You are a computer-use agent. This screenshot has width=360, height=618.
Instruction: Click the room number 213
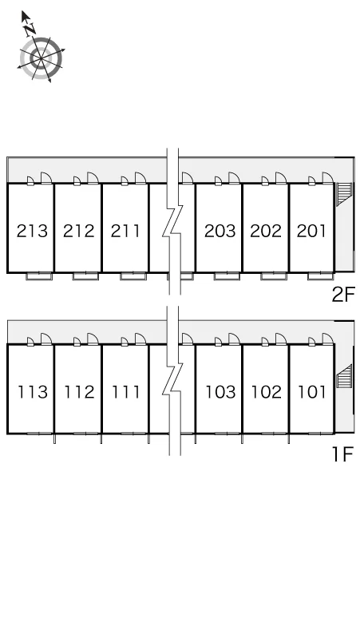pyautogui.click(x=32, y=231)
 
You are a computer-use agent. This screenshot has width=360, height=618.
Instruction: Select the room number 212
pyautogui.click(x=79, y=231)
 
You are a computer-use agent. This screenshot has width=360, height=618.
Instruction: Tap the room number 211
pyautogui.click(x=125, y=231)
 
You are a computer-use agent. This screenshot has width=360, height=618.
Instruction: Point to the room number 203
pyautogui.click(x=220, y=231)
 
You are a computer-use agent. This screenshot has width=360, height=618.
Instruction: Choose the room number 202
pyautogui.click(x=266, y=231)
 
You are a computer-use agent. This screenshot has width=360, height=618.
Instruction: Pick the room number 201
pyautogui.click(x=311, y=231)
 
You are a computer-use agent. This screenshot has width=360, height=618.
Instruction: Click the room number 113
pyautogui.click(x=33, y=392)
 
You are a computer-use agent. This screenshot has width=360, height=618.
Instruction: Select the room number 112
pyautogui.click(x=80, y=392)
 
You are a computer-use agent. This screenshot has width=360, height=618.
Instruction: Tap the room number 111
pyautogui.click(x=126, y=392)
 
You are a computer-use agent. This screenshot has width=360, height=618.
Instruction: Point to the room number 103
pyautogui.click(x=220, y=392)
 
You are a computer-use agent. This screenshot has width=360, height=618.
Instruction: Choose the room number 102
pyautogui.click(x=267, y=392)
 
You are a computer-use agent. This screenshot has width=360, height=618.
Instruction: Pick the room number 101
pyautogui.click(x=312, y=392)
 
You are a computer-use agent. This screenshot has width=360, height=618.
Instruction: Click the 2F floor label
pyautogui.click(x=343, y=295)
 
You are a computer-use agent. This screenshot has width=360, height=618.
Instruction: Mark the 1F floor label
pyautogui.click(x=342, y=454)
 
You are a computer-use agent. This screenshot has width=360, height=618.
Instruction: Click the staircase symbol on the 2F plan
pyautogui.click(x=343, y=193)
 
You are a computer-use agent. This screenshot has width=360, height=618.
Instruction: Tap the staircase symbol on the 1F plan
pyautogui.click(x=343, y=376)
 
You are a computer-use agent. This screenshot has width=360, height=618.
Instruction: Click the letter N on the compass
pyautogui.click(x=30, y=29)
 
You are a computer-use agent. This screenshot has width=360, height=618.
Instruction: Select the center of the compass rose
pyautogui.click(x=41, y=59)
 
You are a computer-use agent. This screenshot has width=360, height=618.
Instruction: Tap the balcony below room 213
pyautogui.click(x=39, y=276)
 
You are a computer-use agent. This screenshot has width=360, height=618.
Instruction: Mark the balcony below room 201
pyautogui.click(x=321, y=276)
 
